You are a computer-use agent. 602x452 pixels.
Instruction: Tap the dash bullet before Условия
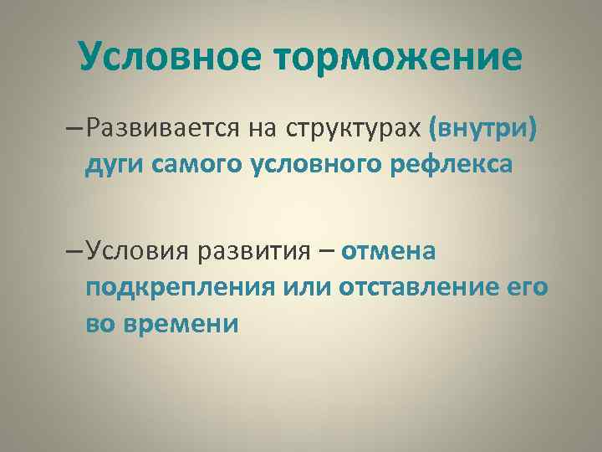coord(73,251)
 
